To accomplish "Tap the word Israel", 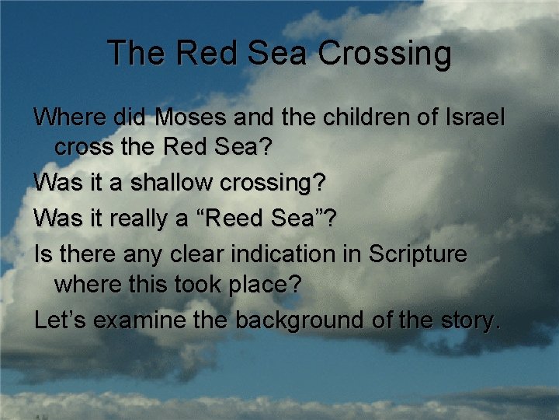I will point(474,118).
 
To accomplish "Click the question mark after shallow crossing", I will point(320,184).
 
